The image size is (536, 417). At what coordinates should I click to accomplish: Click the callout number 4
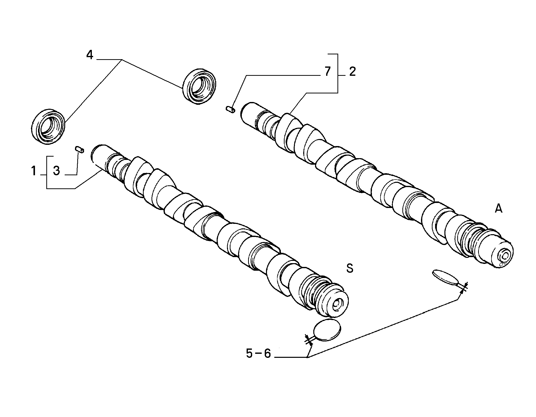(90, 55)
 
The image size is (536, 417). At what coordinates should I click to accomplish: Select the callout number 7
(327, 72)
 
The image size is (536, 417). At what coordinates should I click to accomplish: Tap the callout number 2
(352, 72)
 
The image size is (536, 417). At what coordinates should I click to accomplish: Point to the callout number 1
(34, 171)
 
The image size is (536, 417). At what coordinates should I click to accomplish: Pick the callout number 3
(56, 171)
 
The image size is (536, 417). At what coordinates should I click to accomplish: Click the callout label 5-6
(258, 354)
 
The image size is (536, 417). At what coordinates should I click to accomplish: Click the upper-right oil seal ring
(199, 85)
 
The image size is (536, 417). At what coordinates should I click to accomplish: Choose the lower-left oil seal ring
(49, 127)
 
